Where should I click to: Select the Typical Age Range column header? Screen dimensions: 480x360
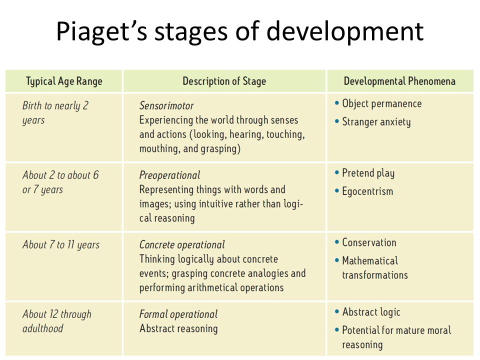click(64, 81)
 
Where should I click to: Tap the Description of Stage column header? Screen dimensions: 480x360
click(224, 81)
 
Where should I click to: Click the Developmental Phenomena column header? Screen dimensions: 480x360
click(399, 81)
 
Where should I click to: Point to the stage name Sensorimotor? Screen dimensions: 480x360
click(166, 105)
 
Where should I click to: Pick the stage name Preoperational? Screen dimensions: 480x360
click(169, 175)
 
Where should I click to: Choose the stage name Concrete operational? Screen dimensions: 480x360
click(182, 245)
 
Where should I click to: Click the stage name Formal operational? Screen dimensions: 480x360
click(178, 314)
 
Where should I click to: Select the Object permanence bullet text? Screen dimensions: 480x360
click(381, 104)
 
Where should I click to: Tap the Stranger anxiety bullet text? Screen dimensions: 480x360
click(376, 122)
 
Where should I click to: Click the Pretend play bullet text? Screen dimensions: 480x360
click(368, 173)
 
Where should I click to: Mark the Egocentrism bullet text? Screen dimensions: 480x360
click(367, 191)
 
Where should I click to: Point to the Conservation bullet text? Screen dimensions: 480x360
click(369, 242)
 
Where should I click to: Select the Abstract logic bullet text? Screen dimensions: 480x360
click(371, 312)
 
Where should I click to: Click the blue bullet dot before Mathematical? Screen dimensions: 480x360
click(337, 261)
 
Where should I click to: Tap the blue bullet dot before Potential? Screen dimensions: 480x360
click(337, 330)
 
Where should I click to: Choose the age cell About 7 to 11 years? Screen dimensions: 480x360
click(61, 245)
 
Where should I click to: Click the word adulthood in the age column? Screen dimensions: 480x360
click(43, 328)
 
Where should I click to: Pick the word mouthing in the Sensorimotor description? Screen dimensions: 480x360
click(159, 149)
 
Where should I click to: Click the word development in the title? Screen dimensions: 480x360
click(344, 31)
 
